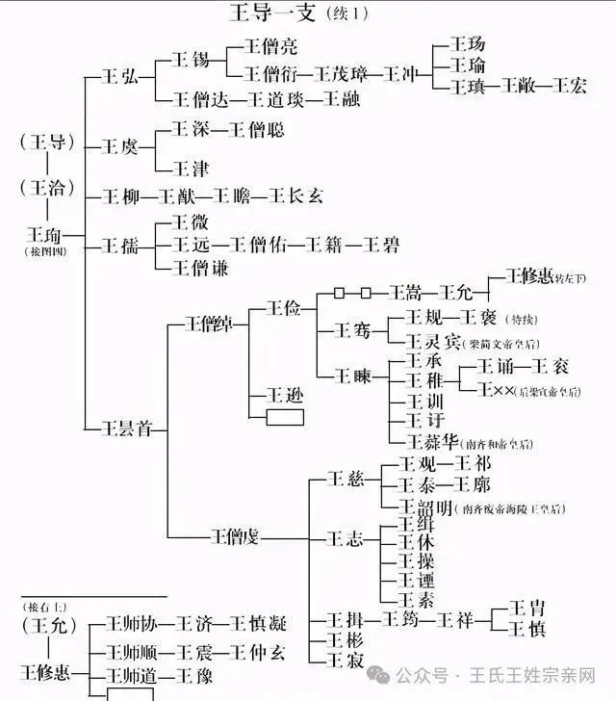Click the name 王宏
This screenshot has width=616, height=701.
564,87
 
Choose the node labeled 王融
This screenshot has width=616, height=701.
340,99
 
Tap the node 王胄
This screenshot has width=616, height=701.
526,608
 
